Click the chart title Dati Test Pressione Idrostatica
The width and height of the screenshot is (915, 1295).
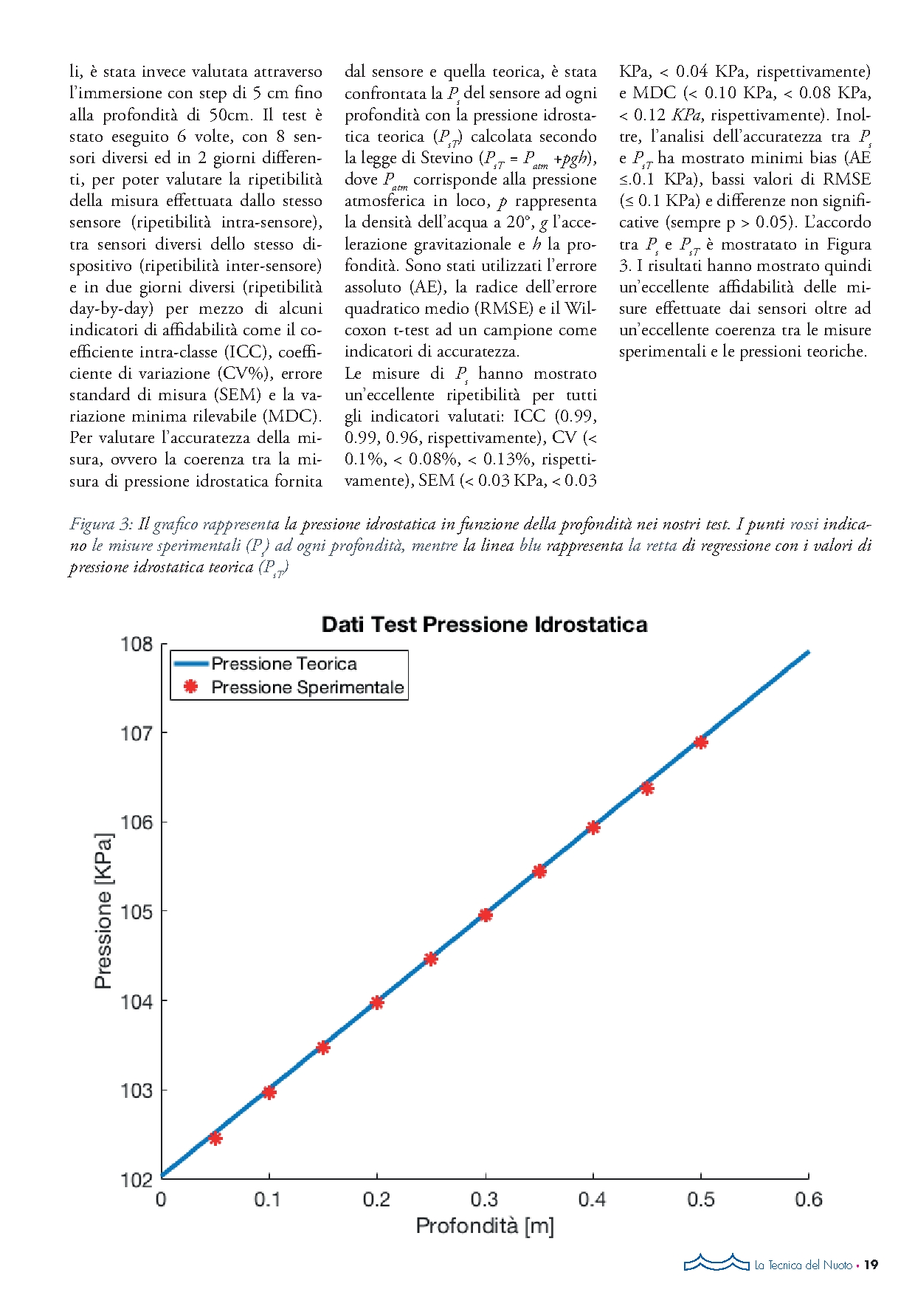tap(484, 625)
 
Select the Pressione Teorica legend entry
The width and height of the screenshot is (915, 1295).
tap(283, 664)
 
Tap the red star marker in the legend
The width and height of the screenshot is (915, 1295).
tap(191, 687)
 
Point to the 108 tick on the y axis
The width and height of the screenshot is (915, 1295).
tap(137, 645)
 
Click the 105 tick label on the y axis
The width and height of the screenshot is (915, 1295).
tap(137, 912)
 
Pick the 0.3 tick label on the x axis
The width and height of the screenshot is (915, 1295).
tap(484, 1200)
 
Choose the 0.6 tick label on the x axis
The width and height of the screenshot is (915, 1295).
tap(808, 1200)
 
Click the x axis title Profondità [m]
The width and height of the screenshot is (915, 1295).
tap(484, 1226)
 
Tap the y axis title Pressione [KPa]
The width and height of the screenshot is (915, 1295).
tap(103, 911)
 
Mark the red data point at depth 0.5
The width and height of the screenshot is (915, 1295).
tap(701, 742)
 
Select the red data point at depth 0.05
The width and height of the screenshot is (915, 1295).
tap(215, 1138)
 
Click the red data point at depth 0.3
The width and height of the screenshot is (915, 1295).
tap(485, 916)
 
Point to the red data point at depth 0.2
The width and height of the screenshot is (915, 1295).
tap(377, 1003)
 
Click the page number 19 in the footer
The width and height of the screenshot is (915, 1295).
tap(871, 1265)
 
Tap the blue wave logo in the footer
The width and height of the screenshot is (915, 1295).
tap(716, 1263)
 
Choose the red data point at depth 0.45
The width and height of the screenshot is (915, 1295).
tap(647, 789)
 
